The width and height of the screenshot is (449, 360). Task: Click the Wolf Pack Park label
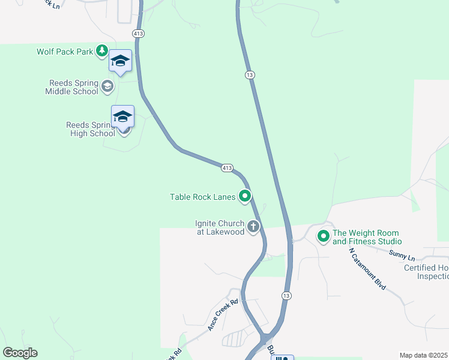[x=65, y=52]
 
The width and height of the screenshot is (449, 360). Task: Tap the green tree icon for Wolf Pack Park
[x=103, y=51]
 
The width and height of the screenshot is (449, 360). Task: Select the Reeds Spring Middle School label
[x=71, y=88]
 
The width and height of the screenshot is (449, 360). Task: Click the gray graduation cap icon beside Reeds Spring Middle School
[x=107, y=86]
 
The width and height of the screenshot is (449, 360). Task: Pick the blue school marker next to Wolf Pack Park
[x=121, y=61]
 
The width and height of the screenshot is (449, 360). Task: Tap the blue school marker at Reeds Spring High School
[x=123, y=116]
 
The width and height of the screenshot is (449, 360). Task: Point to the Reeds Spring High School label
[x=90, y=129]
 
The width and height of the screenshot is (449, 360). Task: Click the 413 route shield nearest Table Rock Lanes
[x=226, y=168]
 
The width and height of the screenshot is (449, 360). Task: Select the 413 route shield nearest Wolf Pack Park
[x=139, y=34]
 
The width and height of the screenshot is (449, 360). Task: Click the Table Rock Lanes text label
[x=202, y=196]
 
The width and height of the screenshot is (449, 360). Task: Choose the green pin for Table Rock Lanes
[x=245, y=196]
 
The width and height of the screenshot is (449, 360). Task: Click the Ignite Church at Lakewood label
[x=220, y=227]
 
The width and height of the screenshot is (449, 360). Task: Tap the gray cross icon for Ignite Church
[x=254, y=227]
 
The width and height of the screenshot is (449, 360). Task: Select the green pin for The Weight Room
[x=324, y=236]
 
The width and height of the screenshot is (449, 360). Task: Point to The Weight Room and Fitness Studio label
[x=366, y=237]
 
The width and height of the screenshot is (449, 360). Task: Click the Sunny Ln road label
[x=402, y=254]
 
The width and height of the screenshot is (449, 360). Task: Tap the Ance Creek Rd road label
[x=223, y=315]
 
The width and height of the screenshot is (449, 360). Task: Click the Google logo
[x=20, y=353]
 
